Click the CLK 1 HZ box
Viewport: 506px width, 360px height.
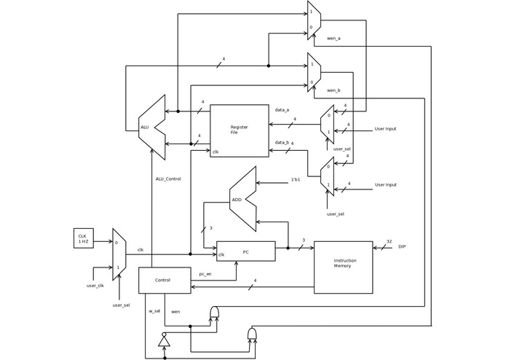[x=83, y=238]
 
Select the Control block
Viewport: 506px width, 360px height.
[x=164, y=281]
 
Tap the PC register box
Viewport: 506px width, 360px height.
[x=246, y=251]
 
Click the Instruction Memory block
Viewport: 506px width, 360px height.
[x=343, y=267]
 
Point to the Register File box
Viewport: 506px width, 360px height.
[x=240, y=130]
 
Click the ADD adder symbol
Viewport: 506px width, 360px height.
[x=243, y=199]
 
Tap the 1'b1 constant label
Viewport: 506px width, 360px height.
[x=296, y=179]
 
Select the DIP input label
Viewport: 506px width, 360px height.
[x=402, y=247]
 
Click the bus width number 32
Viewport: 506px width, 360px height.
[x=389, y=241]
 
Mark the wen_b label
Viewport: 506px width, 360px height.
[x=333, y=90]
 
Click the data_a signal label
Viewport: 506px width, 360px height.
[x=282, y=109]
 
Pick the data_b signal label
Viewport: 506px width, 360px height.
[x=282, y=143]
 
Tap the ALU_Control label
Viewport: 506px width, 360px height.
[x=168, y=179]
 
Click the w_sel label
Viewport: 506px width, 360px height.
[x=154, y=311]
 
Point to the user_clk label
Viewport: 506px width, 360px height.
[x=95, y=285]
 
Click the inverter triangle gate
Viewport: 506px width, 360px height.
[x=165, y=341]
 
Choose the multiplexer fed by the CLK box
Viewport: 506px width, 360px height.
[x=119, y=253]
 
